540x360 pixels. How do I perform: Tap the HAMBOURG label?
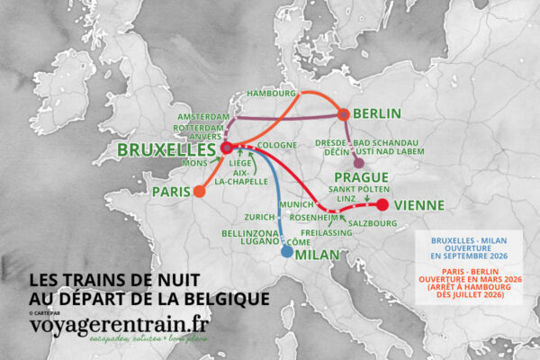pos(271,94)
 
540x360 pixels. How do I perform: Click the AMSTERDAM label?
pos(201,118)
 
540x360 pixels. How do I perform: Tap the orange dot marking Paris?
pos(200,192)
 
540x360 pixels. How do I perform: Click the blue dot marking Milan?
pos(287,253)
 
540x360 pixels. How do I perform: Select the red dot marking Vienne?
pos(382,205)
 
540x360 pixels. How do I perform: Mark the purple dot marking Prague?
pos(360,163)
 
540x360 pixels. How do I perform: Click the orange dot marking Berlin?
pos(343,114)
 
